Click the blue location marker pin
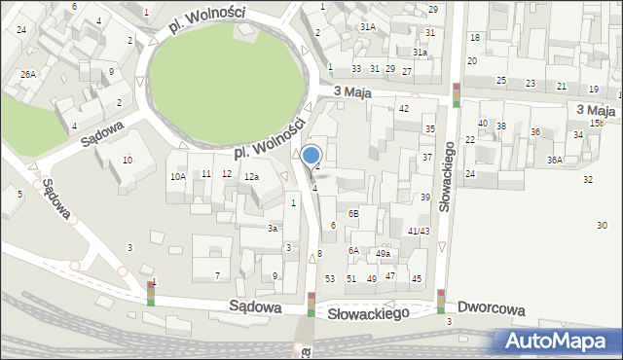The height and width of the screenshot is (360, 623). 311,155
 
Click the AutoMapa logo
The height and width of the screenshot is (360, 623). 561,341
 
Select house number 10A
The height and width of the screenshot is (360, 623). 177,177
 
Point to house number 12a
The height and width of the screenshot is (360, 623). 251,177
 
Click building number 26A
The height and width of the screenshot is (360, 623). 29,74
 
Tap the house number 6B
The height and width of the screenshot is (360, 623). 354,213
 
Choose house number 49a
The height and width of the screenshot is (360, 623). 384,254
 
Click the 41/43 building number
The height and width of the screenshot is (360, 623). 419,231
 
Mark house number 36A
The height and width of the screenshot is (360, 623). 554,160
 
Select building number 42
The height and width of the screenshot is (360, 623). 403,108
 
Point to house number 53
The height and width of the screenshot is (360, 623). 330,278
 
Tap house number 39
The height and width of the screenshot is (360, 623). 424,198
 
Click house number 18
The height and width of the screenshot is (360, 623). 475,37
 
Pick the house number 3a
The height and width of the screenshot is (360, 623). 274,228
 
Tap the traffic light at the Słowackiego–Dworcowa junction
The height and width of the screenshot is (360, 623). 440,302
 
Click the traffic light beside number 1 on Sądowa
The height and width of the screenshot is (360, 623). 151,293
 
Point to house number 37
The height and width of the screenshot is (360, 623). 426,157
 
